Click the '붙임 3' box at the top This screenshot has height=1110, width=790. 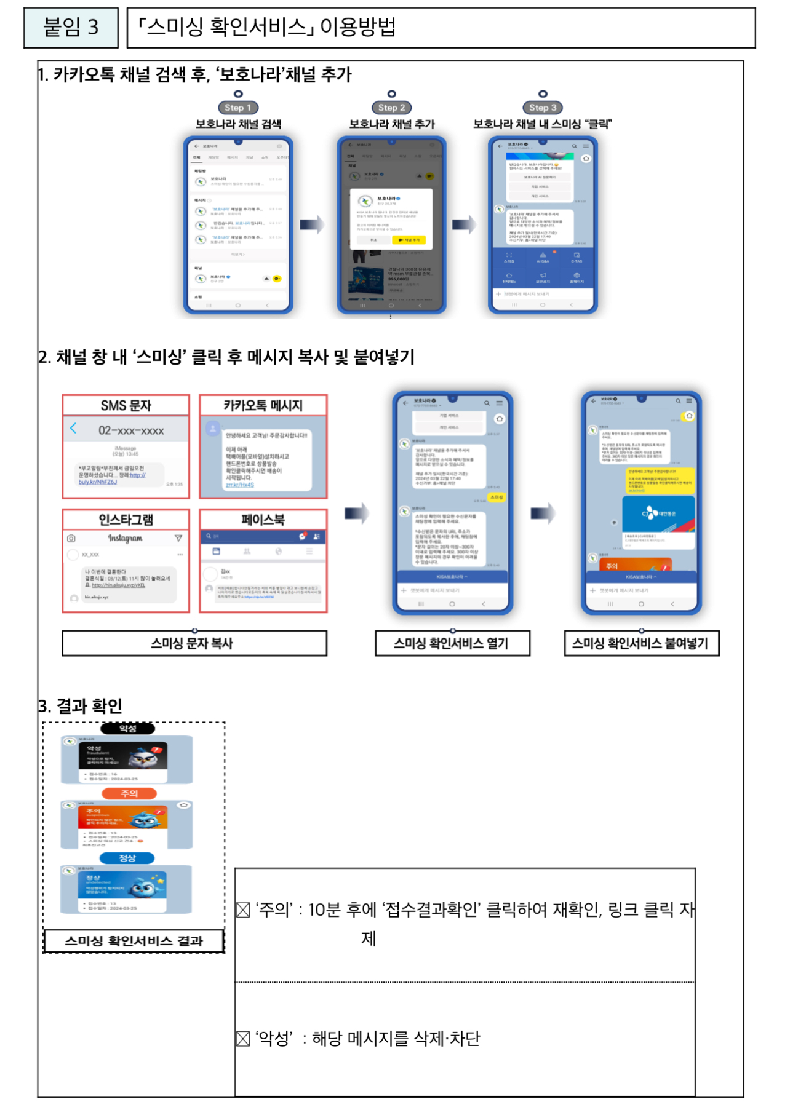click(x=71, y=28)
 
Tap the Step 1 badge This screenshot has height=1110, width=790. click(x=238, y=108)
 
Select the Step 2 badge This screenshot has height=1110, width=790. click(x=391, y=108)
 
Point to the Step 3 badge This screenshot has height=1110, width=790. click(x=542, y=108)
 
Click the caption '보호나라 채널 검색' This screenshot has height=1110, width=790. click(x=238, y=124)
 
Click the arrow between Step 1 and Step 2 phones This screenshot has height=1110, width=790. click(x=312, y=224)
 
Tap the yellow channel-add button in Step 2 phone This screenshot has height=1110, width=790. click(x=409, y=240)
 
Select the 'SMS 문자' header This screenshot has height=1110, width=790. click(x=126, y=406)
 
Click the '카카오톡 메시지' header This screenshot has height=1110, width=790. click(x=263, y=406)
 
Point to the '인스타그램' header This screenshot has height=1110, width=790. click(x=126, y=520)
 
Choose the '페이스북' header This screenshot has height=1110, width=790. click(x=263, y=520)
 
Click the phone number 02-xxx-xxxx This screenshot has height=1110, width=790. click(x=131, y=430)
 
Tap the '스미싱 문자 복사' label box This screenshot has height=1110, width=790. click(x=194, y=643)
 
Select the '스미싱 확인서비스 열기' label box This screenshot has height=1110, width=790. click(x=452, y=643)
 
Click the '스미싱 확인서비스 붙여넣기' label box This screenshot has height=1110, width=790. click(x=641, y=643)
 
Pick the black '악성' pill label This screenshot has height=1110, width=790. click(x=127, y=729)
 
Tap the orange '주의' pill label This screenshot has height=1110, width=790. click(x=129, y=793)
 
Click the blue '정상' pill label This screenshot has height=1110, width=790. click(x=127, y=858)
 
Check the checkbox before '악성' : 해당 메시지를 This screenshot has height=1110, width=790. click(x=243, y=1039)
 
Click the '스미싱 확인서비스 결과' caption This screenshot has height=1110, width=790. click(x=134, y=941)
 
